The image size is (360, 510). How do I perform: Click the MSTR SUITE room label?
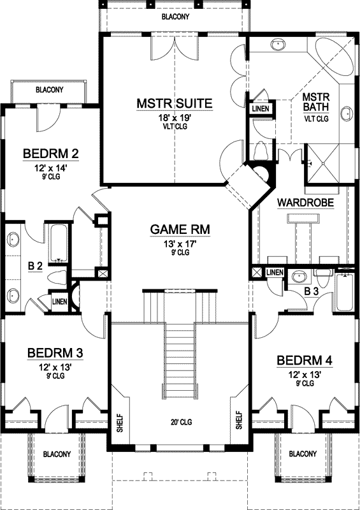(174, 103)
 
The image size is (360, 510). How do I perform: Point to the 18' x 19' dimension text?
(174, 117)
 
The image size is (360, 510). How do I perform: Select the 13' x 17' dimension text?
(180, 243)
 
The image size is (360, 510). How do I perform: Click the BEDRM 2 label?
(50, 154)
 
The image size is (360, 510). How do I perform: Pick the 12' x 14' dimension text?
(50, 167)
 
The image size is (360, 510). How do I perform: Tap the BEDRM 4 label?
(304, 361)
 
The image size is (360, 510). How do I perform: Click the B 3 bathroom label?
(312, 291)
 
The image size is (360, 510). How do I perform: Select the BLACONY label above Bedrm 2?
(49, 91)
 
